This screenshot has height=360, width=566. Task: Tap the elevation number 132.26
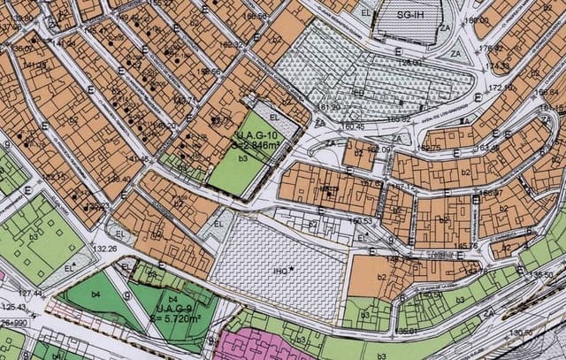click(104, 249)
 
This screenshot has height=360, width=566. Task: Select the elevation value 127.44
click(30, 293)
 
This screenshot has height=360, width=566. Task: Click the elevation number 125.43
click(13, 308)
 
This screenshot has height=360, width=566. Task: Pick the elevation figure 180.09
click(478, 20)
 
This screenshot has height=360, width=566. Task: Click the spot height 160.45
click(353, 126)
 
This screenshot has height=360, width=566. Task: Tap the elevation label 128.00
click(409, 62)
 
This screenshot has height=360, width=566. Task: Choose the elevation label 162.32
click(231, 43)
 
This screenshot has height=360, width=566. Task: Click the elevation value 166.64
click(546, 91)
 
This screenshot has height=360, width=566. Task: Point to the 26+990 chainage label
click(12, 323)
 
